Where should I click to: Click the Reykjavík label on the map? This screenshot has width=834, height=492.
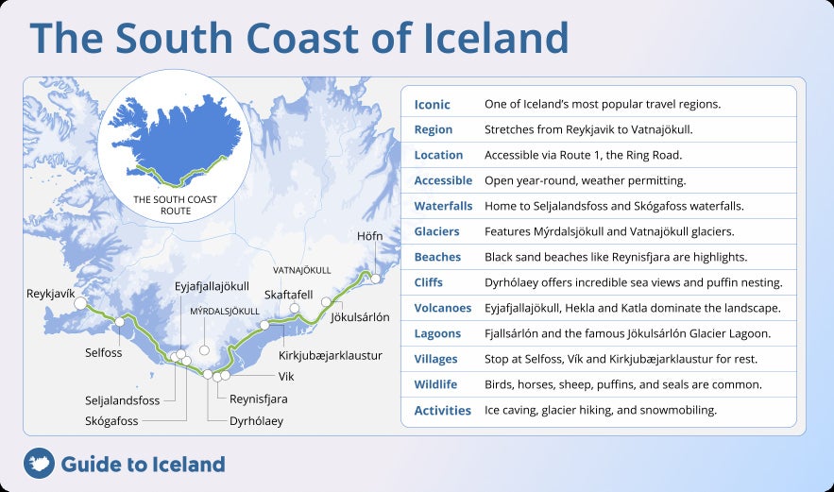[50, 294]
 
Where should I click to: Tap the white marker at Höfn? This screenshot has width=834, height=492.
[376, 279]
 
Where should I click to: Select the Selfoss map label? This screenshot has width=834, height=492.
[104, 352]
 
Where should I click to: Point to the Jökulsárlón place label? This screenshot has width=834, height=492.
[360, 317]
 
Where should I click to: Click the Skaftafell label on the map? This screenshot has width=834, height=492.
[288, 294]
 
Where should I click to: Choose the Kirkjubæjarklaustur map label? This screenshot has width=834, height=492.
[330, 355]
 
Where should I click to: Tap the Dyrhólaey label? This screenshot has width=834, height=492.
[256, 421]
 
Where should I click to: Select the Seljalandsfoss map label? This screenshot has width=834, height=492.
[124, 399]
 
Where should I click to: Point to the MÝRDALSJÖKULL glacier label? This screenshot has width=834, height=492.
[225, 311]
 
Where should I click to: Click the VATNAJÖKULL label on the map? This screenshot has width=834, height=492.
[302, 270]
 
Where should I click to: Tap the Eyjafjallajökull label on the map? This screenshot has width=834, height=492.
[212, 286]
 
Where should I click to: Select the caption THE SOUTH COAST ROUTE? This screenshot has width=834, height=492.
[175, 205]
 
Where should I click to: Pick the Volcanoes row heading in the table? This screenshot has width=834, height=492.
[442, 308]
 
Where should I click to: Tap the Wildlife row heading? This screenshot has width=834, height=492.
[435, 384]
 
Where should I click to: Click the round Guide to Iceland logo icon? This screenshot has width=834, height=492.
[39, 463]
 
